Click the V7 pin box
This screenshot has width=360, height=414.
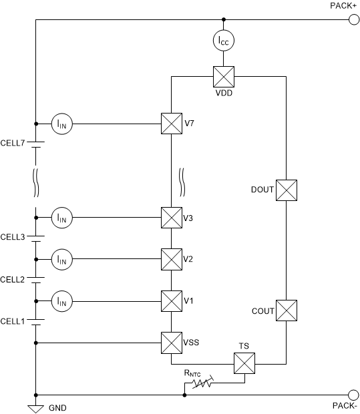(172, 124)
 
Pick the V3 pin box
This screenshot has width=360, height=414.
(172, 217)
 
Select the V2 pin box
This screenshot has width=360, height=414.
(172, 259)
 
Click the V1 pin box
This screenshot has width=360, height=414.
(172, 301)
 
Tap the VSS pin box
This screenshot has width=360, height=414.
(172, 343)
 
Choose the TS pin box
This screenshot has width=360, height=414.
(244, 364)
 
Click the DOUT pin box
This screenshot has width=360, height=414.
(287, 190)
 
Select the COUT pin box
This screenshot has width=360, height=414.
(287, 310)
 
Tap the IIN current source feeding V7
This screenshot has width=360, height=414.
(62, 124)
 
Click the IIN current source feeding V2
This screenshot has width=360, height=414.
(62, 259)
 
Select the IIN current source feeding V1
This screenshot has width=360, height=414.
(62, 301)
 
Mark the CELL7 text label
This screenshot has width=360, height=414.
(13, 142)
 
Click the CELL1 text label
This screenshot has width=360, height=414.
(13, 321)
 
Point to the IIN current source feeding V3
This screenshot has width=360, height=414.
(62, 217)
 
